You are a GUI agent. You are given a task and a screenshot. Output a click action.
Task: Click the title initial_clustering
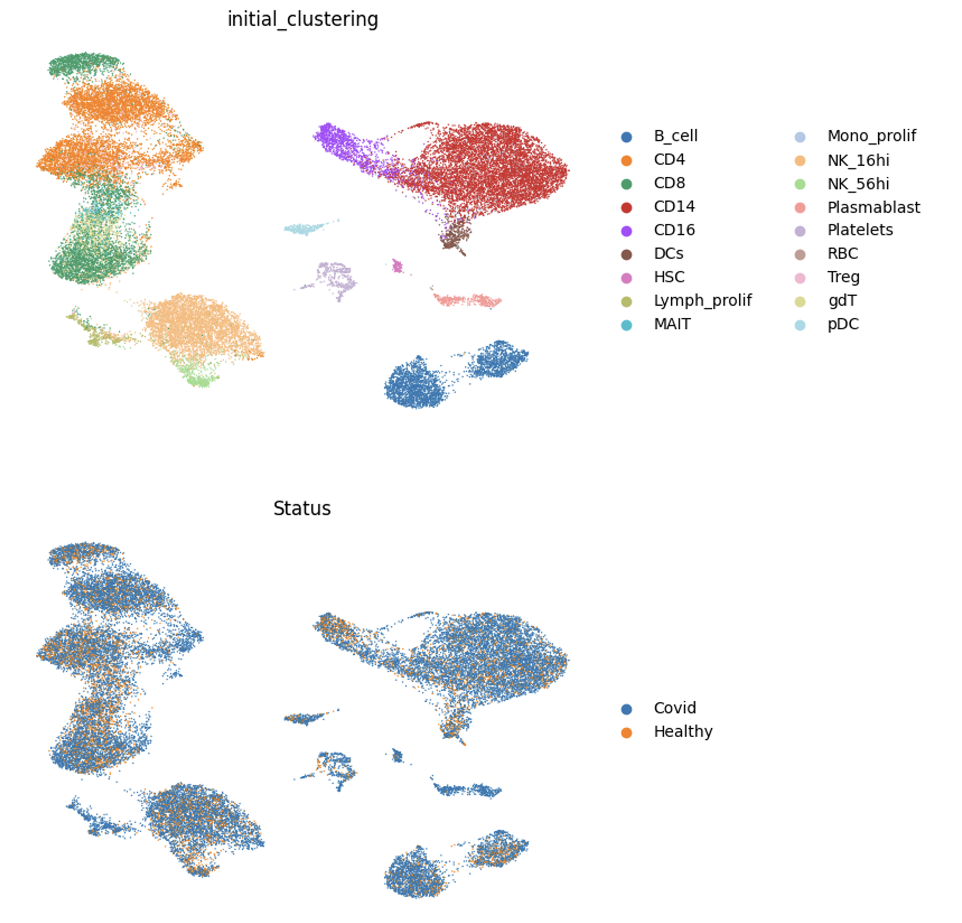click(x=302, y=20)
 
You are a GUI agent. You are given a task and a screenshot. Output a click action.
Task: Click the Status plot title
click(x=302, y=509)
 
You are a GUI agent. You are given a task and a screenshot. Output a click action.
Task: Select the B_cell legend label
click(x=675, y=136)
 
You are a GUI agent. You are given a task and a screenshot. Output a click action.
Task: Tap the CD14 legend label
click(x=674, y=207)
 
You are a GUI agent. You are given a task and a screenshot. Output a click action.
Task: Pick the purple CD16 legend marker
click(x=627, y=231)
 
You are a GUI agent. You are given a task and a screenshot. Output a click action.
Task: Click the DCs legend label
click(x=669, y=254)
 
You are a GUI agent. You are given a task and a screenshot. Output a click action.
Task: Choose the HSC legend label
click(x=669, y=277)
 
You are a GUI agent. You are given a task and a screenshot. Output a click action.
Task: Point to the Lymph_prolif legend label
click(x=702, y=301)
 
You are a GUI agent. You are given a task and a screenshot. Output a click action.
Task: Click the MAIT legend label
click(x=672, y=324)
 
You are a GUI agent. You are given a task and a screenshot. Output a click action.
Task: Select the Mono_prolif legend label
click(x=871, y=136)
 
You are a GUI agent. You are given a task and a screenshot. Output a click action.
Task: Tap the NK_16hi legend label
click(x=858, y=161)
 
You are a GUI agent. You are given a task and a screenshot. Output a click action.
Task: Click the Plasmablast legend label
click(x=874, y=207)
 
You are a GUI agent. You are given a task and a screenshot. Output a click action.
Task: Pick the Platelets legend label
click(x=860, y=230)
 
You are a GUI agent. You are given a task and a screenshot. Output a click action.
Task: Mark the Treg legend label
click(x=843, y=277)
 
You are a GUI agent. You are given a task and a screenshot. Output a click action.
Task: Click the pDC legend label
click(x=843, y=324)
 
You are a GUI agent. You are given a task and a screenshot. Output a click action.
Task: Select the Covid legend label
click(x=675, y=708)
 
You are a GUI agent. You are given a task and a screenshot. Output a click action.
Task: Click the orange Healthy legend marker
click(x=627, y=733)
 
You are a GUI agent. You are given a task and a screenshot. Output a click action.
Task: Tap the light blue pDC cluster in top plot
click(x=305, y=229)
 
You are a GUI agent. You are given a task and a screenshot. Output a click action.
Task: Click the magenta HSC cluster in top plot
click(x=397, y=265)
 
